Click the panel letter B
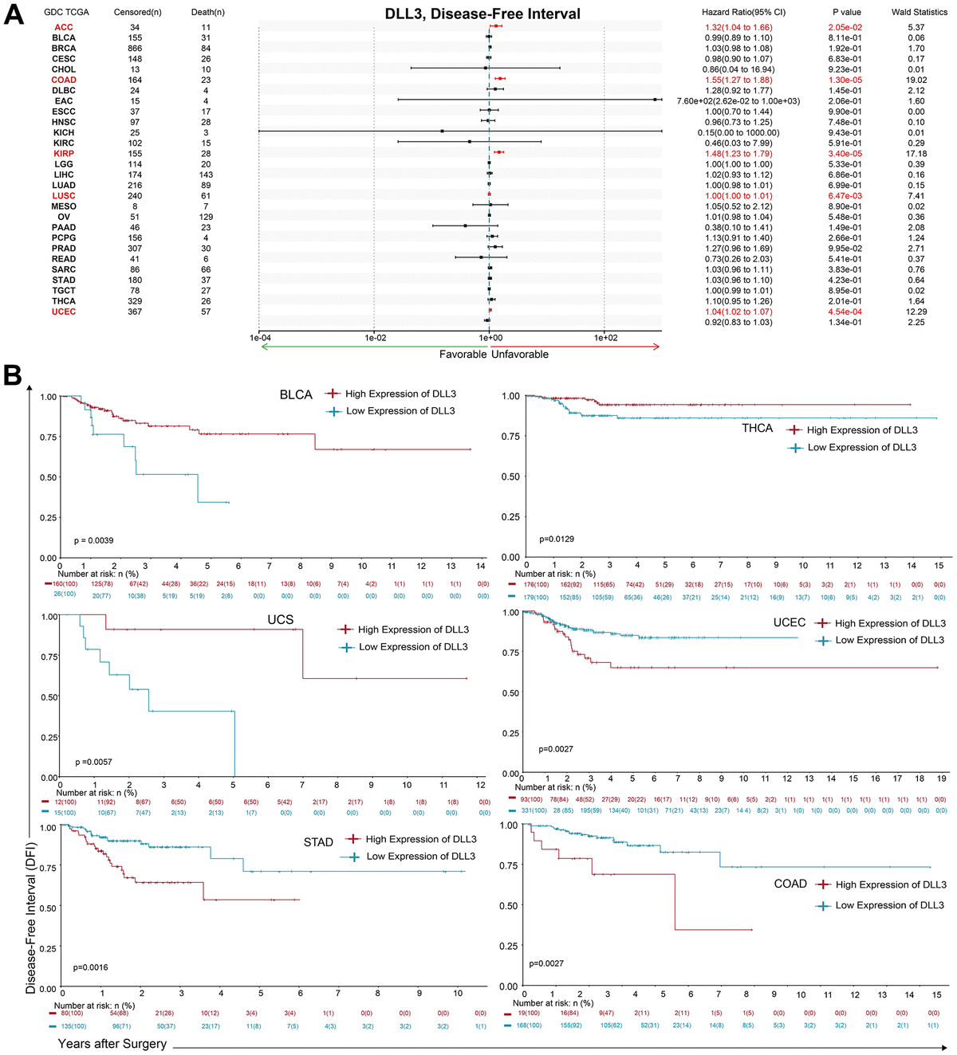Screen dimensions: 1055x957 click(x=13, y=375)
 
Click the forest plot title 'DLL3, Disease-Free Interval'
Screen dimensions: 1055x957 click(x=482, y=14)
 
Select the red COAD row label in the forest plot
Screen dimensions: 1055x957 click(x=64, y=80)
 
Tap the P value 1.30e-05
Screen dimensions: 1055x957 click(x=845, y=80)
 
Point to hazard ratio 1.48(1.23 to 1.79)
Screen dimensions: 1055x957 click(x=738, y=154)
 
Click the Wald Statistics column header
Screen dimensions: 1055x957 click(x=919, y=12)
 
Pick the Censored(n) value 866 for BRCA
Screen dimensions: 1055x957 click(x=135, y=49)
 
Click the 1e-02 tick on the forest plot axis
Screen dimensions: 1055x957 click(x=376, y=338)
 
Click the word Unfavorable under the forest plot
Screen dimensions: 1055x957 click(x=520, y=354)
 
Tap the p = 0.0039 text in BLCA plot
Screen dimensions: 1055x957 click(x=93, y=540)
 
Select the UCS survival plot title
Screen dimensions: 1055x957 click(x=280, y=619)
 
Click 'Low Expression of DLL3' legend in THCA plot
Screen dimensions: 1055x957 click(x=861, y=447)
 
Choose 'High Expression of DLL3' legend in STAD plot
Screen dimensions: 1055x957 click(x=420, y=839)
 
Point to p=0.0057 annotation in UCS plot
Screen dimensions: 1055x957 click(x=93, y=762)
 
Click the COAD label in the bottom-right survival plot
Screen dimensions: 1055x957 click(x=790, y=884)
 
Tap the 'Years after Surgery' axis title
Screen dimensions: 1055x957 click(x=112, y=1043)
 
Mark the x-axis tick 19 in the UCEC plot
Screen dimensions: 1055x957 click(x=941, y=779)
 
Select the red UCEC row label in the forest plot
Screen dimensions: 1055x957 click(x=64, y=312)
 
